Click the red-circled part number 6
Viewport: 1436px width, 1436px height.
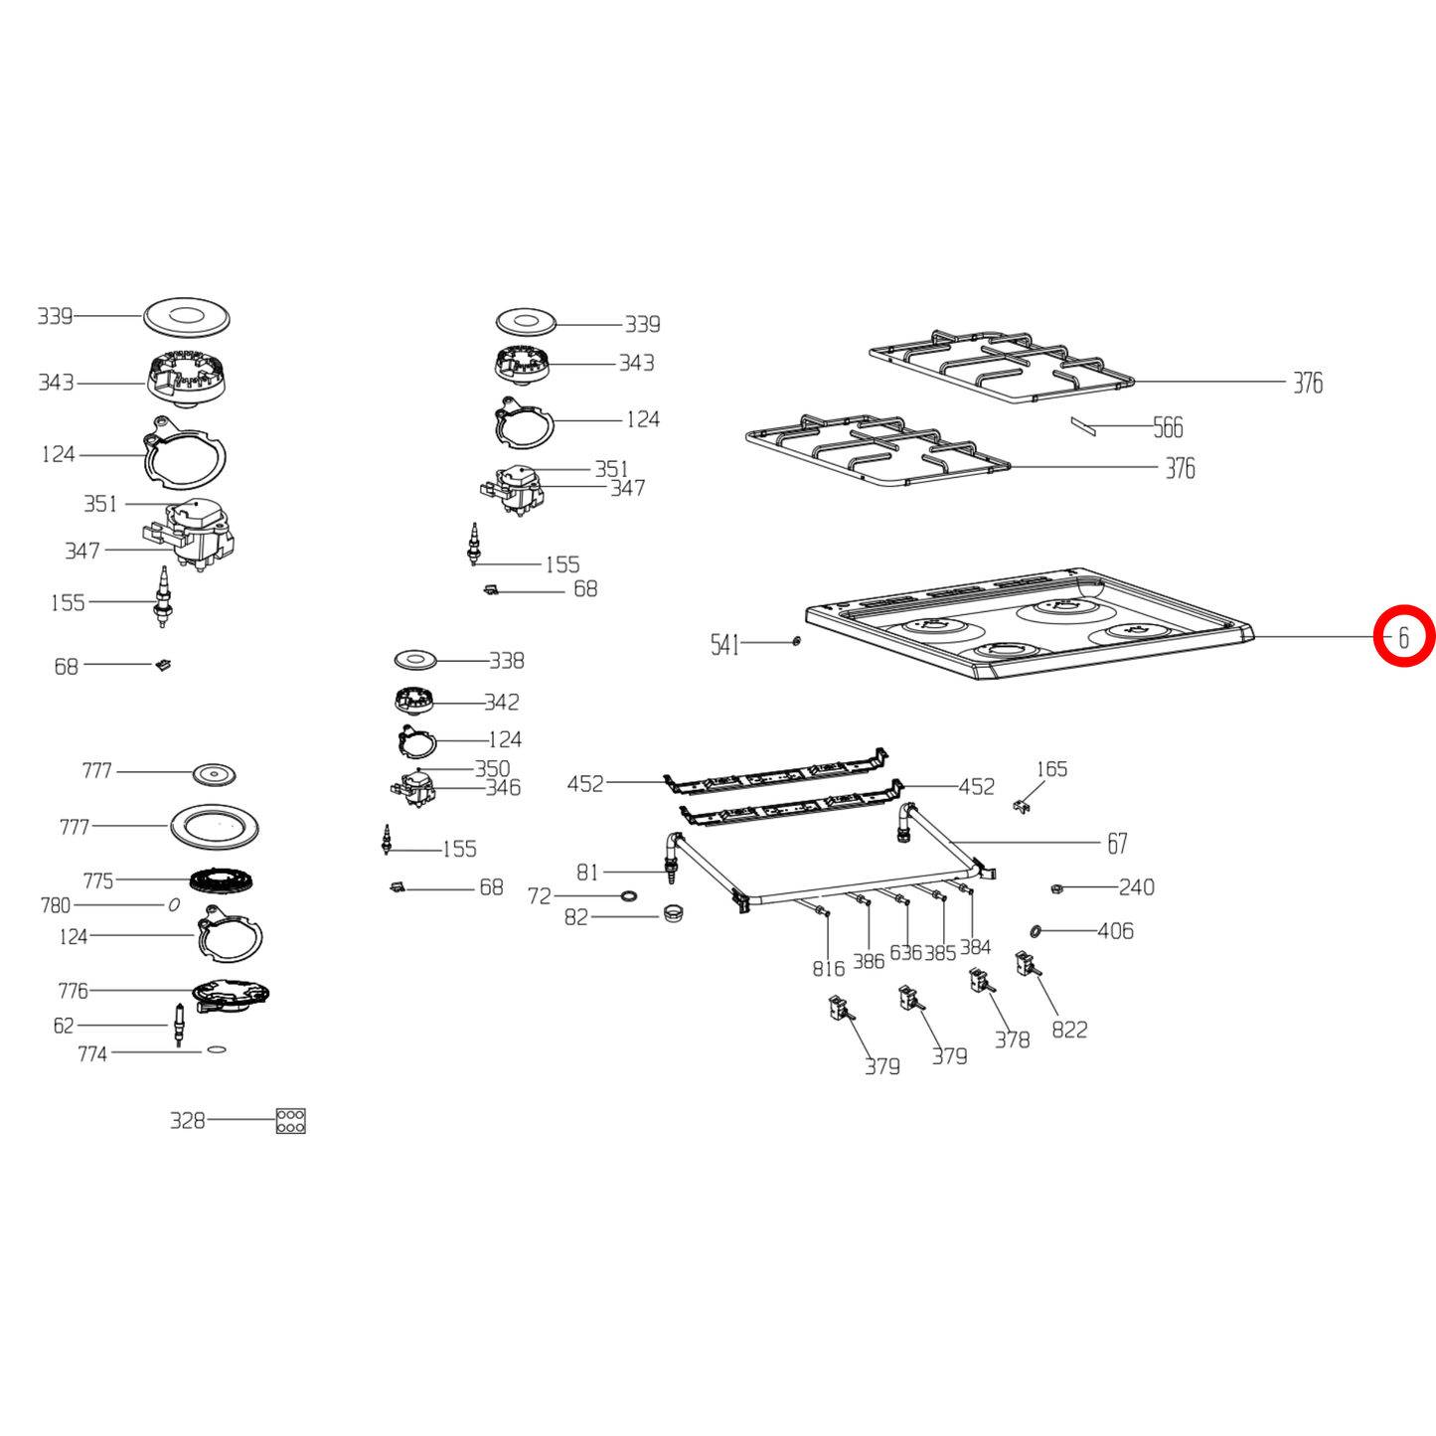click(x=1403, y=637)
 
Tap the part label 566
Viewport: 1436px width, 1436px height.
click(x=1168, y=427)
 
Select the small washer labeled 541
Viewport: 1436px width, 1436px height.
click(x=796, y=641)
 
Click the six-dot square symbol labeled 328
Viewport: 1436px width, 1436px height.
click(x=290, y=1121)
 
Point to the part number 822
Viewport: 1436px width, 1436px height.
click(x=1069, y=1030)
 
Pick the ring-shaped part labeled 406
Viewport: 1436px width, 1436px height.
click(x=1036, y=931)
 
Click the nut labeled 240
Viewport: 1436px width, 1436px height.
click(x=1056, y=887)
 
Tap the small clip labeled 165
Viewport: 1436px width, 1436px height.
click(x=1022, y=806)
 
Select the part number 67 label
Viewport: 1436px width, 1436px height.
click(x=1117, y=844)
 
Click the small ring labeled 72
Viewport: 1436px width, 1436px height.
click(x=629, y=894)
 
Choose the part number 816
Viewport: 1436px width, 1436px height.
click(x=829, y=969)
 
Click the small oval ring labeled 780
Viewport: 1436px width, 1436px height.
click(x=174, y=904)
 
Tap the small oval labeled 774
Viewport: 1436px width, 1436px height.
click(x=216, y=1049)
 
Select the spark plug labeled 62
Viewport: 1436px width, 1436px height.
click(x=178, y=1025)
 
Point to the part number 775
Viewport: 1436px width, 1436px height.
click(x=98, y=880)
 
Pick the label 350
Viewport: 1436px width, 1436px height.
click(x=493, y=768)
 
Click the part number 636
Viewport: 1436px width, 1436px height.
click(x=905, y=953)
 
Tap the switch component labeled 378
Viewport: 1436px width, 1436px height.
click(x=981, y=981)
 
